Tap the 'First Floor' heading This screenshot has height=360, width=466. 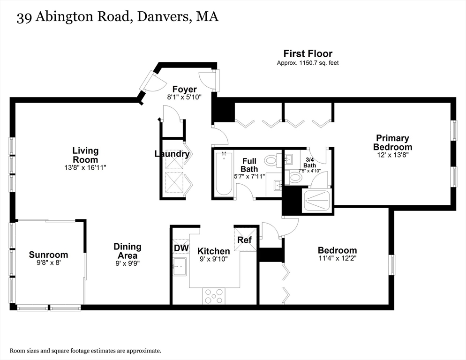coord(308,53)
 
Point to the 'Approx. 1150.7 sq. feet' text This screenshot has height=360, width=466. coord(308,63)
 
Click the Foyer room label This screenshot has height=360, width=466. coord(184,89)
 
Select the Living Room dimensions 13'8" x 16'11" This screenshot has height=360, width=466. coord(85,167)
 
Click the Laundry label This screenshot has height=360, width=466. coord(172,154)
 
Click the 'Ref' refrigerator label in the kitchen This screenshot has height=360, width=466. coord(244,240)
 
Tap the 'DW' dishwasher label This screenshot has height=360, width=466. coord(180,247)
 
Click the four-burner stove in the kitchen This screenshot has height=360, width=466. coord(214,295)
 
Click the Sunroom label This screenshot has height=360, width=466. coord(48,255)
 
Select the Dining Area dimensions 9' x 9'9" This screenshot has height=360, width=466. coord(127,263)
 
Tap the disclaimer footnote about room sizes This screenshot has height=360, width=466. coord(86,351)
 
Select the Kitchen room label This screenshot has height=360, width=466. coord(213,251)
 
